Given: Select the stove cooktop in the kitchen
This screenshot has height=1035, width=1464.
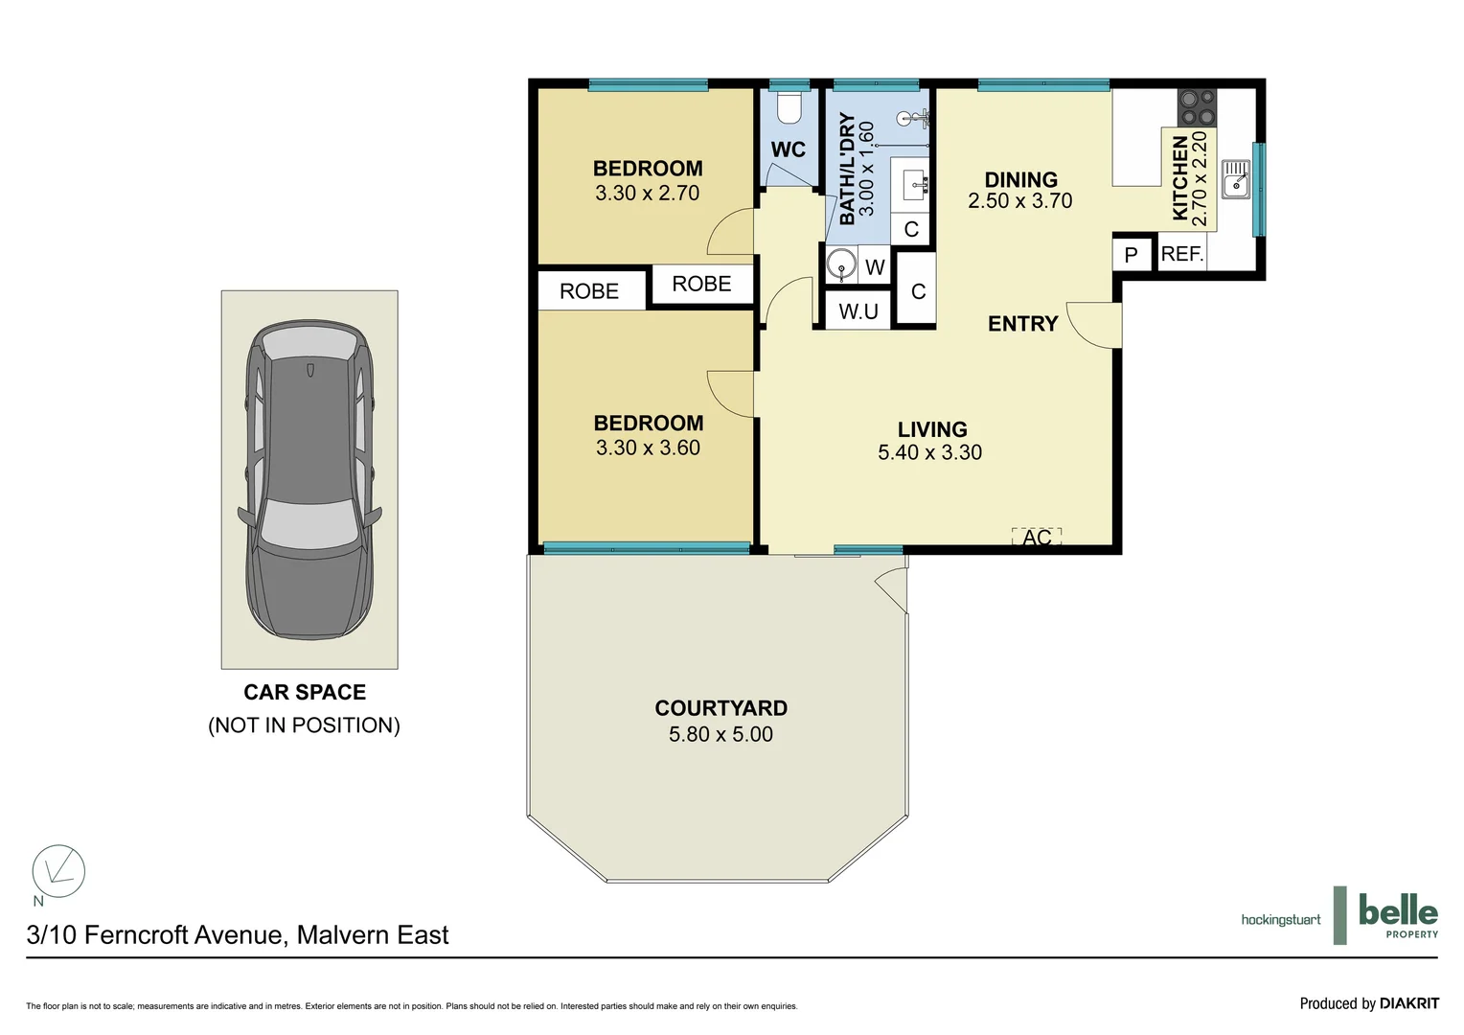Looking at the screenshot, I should (1197, 107).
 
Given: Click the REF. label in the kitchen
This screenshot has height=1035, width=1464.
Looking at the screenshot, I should (1181, 254).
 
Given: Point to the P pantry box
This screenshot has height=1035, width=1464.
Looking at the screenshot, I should (1131, 255).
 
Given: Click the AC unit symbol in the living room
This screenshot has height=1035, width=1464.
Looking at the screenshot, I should (1037, 536).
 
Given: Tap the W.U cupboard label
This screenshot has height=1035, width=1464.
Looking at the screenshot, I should (858, 311).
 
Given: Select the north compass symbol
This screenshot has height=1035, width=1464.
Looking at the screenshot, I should (58, 871).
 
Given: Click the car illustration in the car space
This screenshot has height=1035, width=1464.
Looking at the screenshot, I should (309, 479).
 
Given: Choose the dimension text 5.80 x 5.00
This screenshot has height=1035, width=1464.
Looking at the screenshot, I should (721, 734).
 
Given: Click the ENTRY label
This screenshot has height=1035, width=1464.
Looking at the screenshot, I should (1022, 324).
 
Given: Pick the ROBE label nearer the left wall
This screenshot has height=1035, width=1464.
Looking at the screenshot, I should (589, 291).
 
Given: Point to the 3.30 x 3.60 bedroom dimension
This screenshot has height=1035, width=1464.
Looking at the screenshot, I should (648, 448).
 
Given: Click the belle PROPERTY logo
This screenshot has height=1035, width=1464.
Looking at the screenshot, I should (1397, 914).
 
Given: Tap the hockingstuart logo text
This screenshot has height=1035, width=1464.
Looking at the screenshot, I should (1280, 920).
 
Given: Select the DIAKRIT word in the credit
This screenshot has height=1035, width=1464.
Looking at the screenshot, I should (1408, 1003).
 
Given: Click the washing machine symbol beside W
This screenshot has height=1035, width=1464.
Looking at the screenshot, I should (841, 264).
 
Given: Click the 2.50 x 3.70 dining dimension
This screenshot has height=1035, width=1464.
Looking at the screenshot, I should (1019, 201).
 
